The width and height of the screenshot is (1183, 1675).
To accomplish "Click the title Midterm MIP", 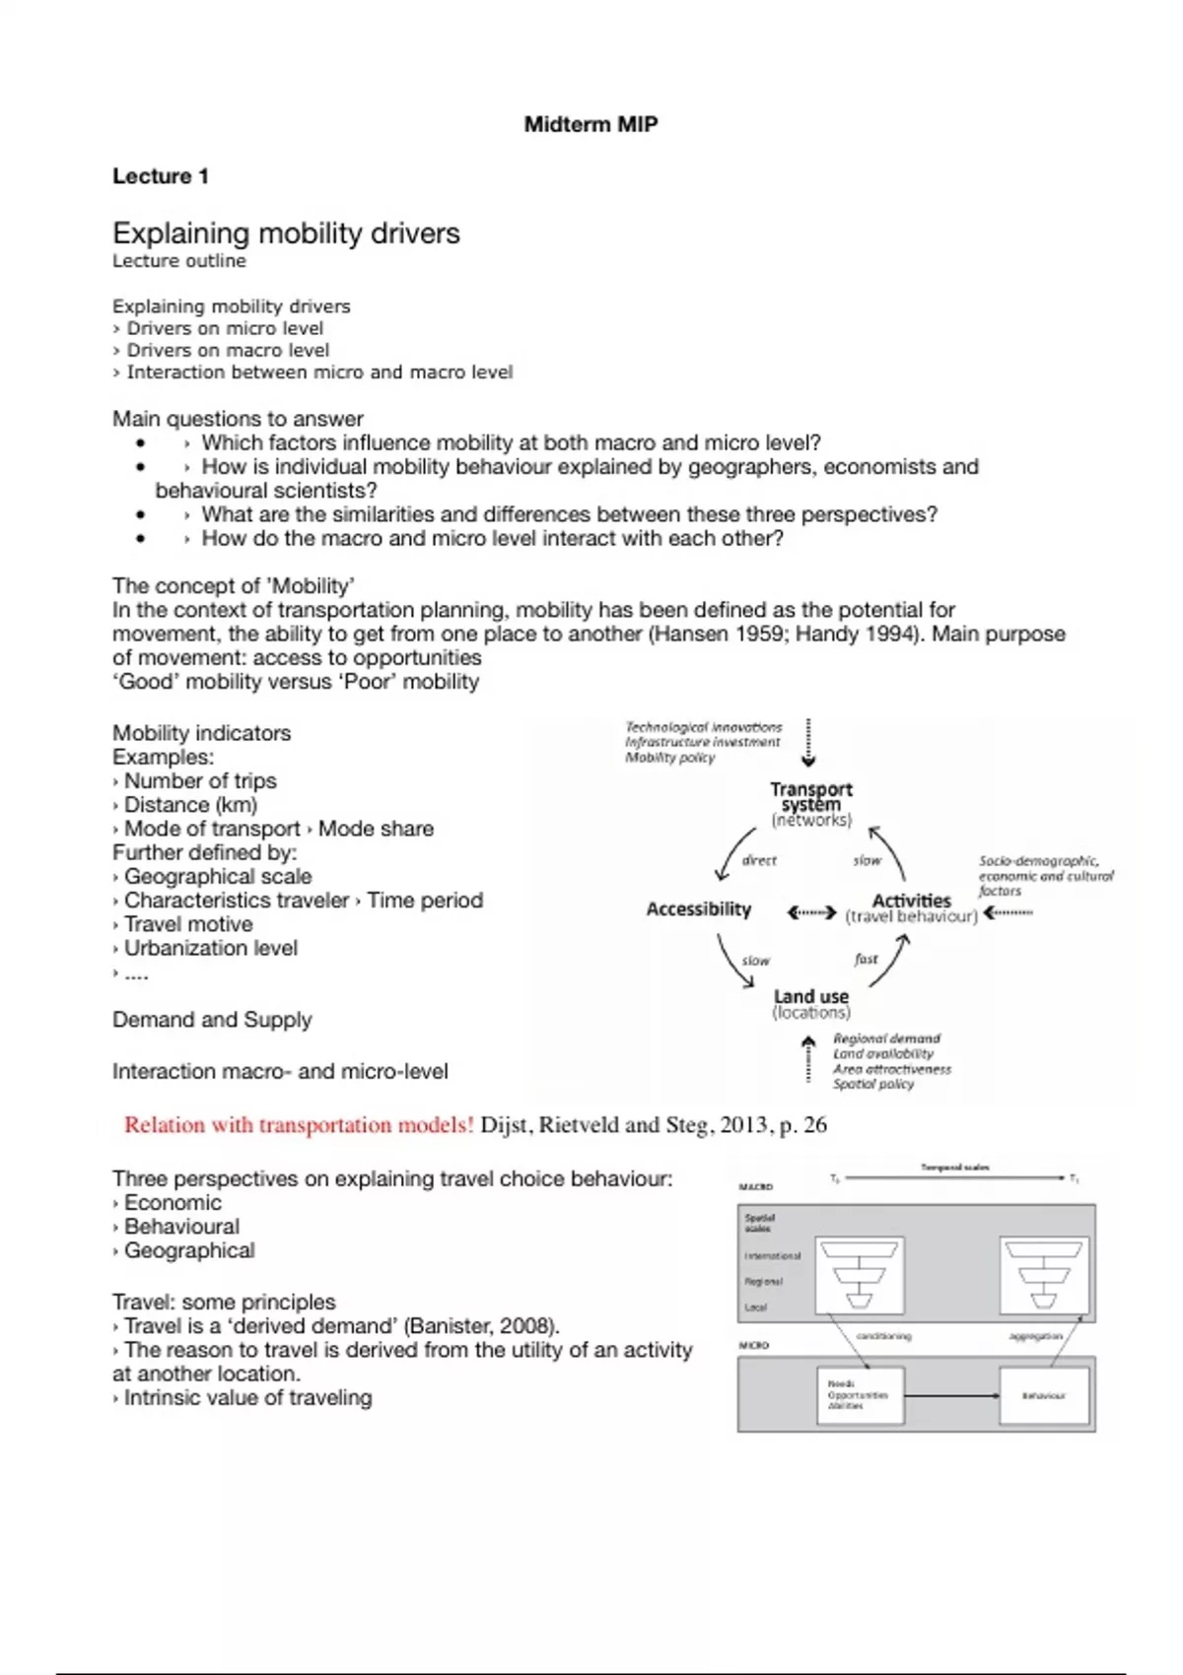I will click(x=591, y=124).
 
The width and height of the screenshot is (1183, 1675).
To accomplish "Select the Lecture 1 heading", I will click(x=160, y=176).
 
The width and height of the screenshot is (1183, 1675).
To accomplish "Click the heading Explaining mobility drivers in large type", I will click(x=286, y=234).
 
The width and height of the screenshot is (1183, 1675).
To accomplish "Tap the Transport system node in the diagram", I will click(x=810, y=797).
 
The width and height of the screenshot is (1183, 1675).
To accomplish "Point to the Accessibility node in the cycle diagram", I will click(x=698, y=909).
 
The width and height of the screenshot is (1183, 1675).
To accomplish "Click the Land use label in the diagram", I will click(x=810, y=997).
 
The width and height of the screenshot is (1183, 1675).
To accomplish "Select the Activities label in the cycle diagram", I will click(x=911, y=901).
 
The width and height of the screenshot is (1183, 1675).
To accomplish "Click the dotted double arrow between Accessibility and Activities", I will click(x=811, y=913).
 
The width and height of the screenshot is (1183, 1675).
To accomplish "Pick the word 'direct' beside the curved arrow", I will click(x=759, y=860).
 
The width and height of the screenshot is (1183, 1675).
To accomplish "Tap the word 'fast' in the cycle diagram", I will click(x=866, y=959).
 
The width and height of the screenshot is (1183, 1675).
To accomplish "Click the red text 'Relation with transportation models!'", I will click(x=299, y=1125).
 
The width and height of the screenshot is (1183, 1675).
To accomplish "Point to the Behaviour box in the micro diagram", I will click(x=1043, y=1395).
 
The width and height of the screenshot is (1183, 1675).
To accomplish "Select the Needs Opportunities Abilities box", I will click(x=860, y=1394).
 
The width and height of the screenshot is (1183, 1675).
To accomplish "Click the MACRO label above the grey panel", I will click(x=756, y=1187).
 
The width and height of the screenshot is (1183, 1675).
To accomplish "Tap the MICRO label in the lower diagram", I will click(x=754, y=1345).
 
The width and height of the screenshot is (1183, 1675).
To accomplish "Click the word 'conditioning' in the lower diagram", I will click(x=883, y=1337).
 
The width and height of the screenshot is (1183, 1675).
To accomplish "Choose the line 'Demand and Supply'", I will click(x=212, y=1020).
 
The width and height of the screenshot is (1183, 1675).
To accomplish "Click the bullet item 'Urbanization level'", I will click(x=210, y=948).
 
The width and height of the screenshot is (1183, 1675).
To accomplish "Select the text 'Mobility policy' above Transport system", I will click(x=669, y=758).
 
